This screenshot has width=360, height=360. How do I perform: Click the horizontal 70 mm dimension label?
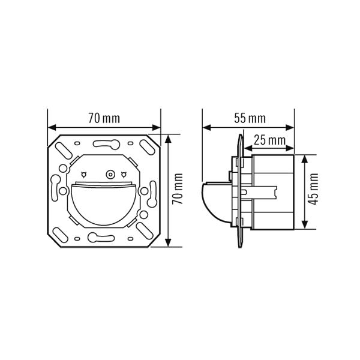[x=104, y=118]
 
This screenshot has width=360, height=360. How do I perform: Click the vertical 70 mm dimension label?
[x=178, y=189]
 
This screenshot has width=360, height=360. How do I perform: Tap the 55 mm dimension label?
[x=250, y=118]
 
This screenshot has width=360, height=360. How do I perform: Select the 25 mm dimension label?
[x=269, y=140]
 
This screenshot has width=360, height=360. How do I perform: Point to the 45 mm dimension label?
[x=313, y=189]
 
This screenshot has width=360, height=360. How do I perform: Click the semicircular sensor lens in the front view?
[x=104, y=204]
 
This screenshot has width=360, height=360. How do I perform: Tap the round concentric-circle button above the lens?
[x=110, y=175]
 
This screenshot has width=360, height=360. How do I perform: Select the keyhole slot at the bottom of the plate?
[x=101, y=238]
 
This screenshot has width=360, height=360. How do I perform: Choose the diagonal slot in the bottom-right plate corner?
[x=145, y=231]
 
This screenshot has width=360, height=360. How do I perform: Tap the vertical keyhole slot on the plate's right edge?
[x=152, y=194]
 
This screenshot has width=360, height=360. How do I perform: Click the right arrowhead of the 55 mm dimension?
[x=290, y=127]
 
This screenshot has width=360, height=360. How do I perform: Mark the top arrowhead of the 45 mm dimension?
[x=304, y=159]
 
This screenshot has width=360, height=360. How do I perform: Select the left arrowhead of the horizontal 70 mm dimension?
[x=52, y=127]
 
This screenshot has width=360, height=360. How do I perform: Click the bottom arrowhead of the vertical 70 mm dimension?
[x=168, y=242]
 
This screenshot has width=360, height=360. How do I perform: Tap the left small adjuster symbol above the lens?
[x=84, y=175]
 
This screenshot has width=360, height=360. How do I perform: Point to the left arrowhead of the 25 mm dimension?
[x=248, y=149]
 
